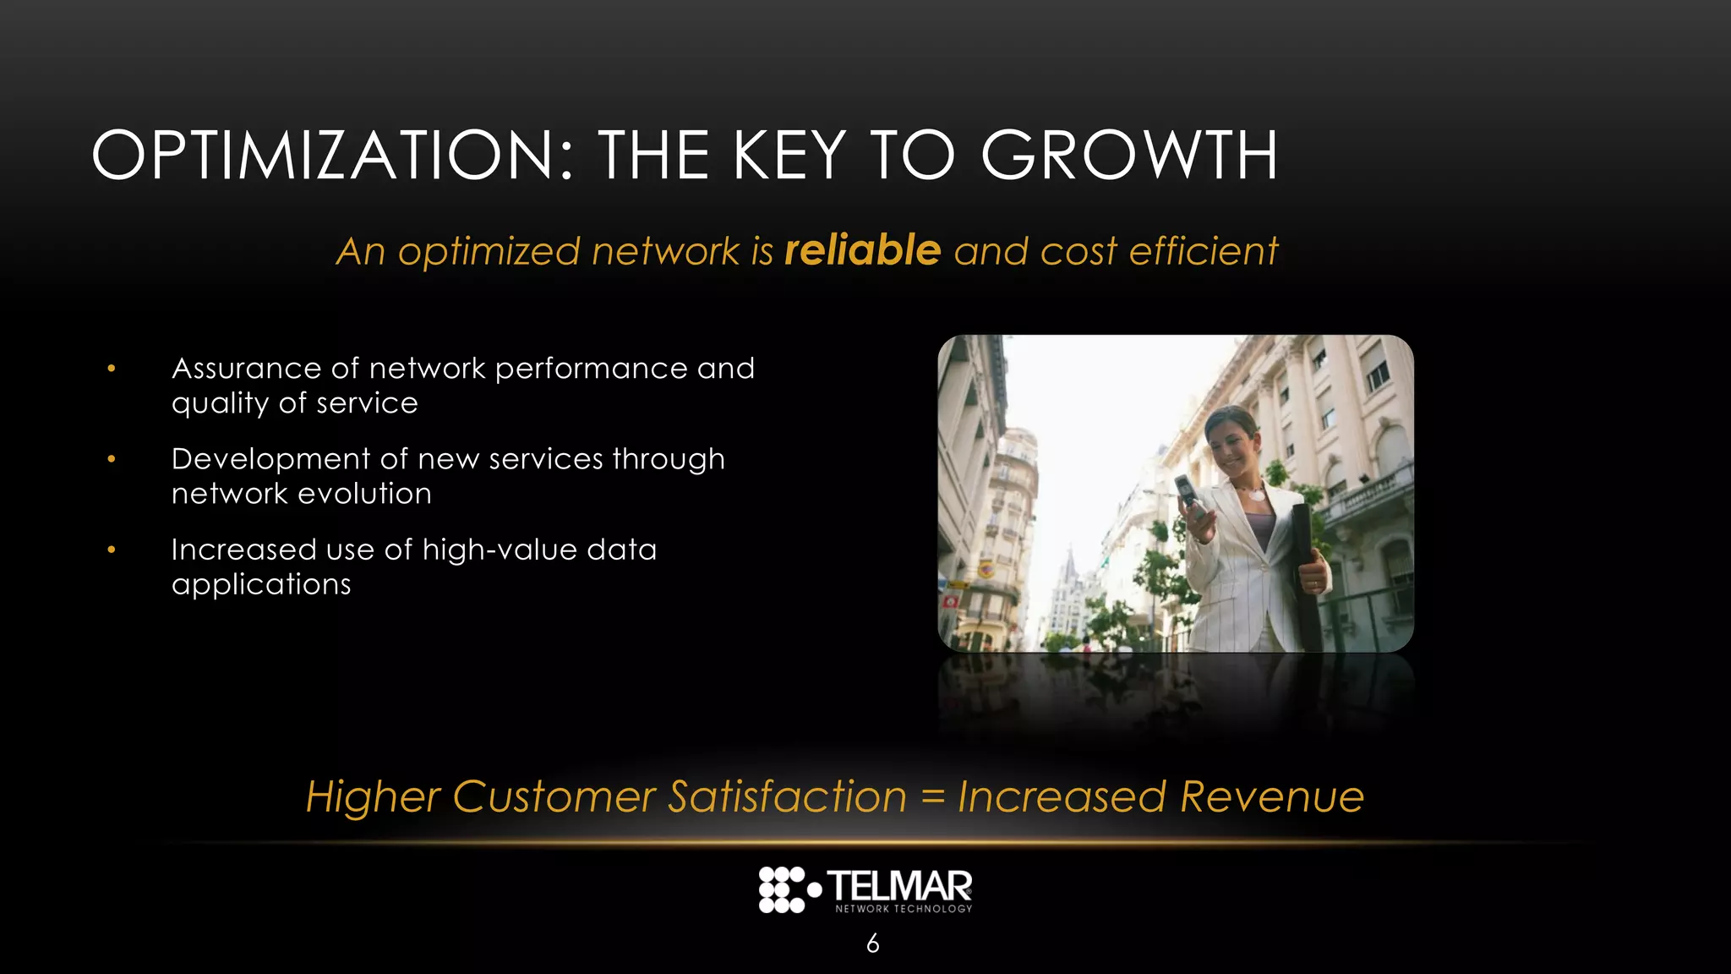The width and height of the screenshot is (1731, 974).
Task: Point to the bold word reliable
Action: [862, 250]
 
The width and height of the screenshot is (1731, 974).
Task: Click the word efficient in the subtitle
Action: [1204, 251]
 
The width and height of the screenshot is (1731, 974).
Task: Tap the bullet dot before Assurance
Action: [112, 369]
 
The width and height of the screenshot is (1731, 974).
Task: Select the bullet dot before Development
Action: [112, 459]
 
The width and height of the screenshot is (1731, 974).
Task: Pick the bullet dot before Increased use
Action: [112, 550]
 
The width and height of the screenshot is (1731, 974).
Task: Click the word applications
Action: [261, 585]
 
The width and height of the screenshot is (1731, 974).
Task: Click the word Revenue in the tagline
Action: [1272, 796]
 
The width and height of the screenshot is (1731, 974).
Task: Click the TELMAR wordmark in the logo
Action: [899, 886]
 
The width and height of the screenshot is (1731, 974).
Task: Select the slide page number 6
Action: [873, 943]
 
